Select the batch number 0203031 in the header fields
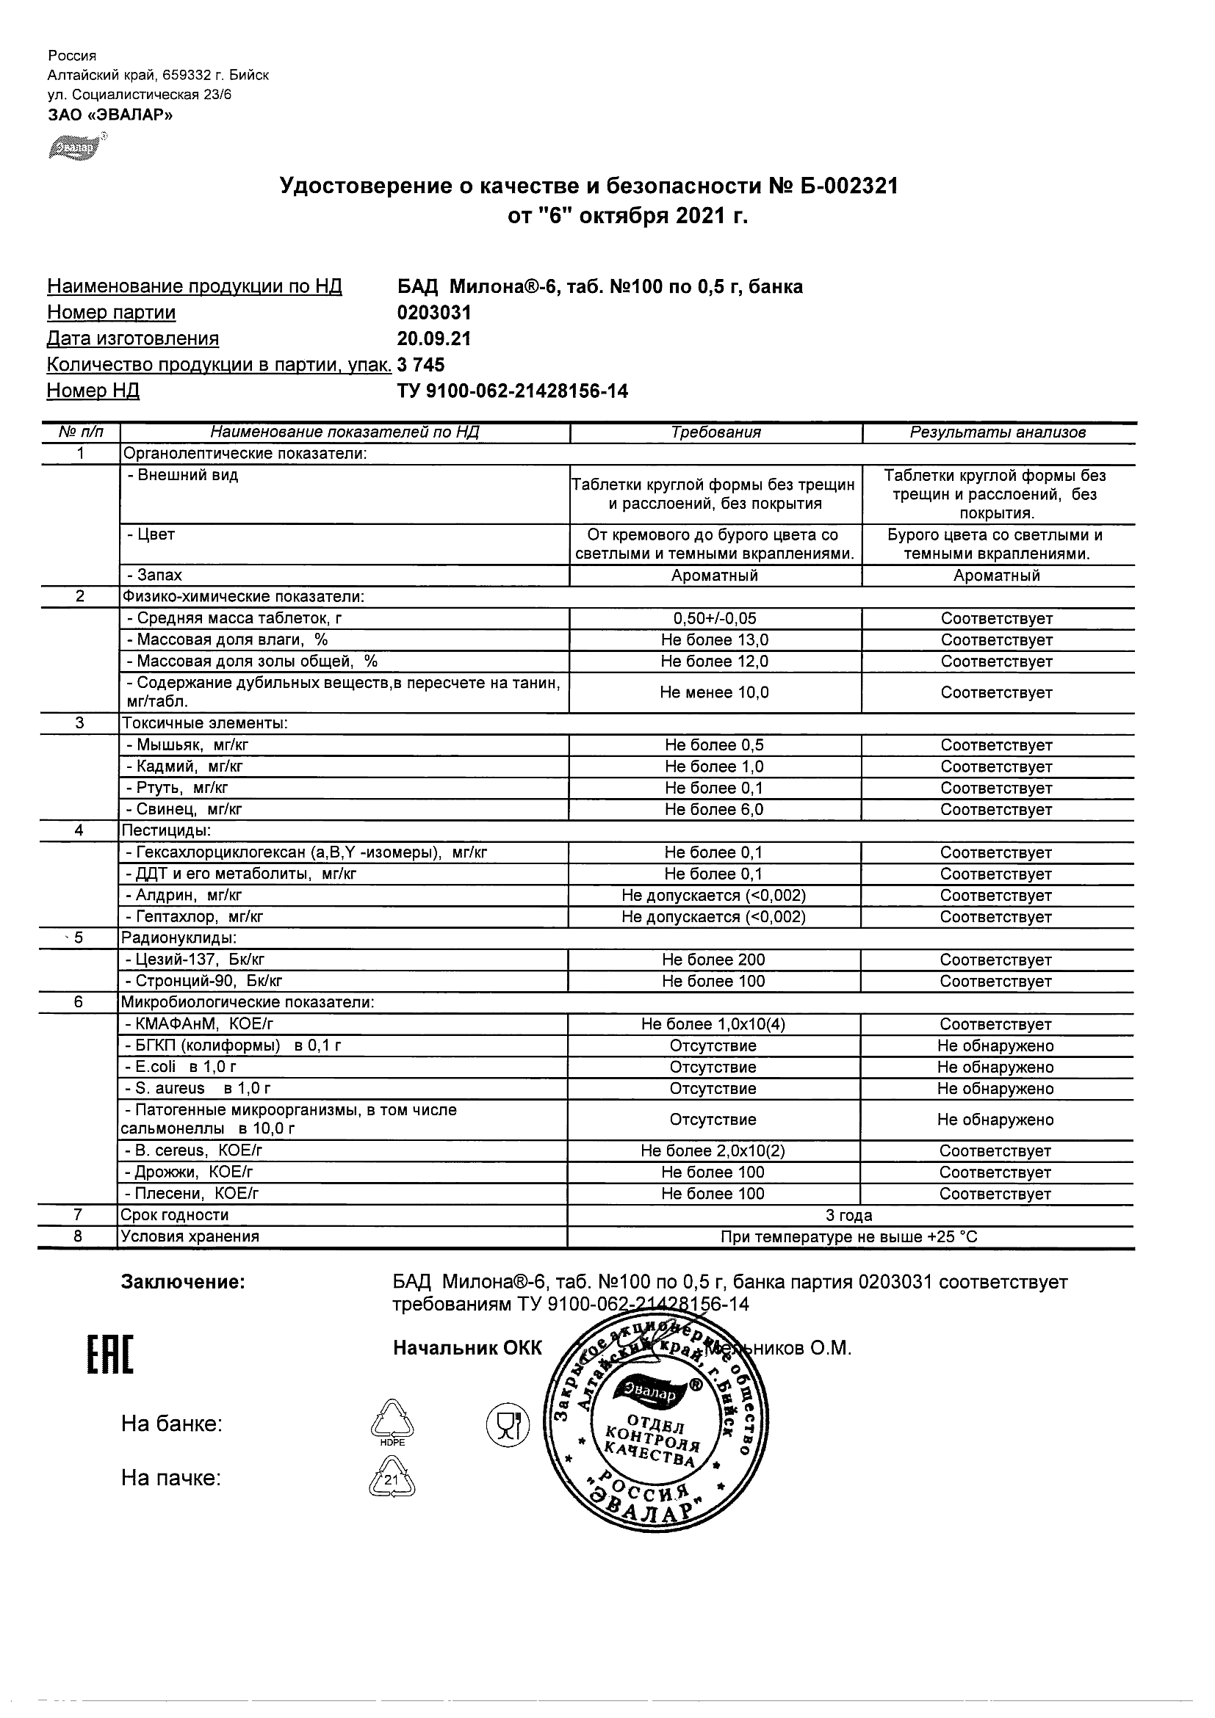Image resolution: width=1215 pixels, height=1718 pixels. [433, 313]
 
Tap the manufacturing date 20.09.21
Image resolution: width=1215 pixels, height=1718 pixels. [433, 339]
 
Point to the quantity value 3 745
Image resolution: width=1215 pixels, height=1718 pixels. [421, 365]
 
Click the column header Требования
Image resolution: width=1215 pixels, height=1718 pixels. [715, 432]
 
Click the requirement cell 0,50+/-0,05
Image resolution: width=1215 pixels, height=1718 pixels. [715, 619]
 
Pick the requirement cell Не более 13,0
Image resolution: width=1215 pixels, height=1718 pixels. [715, 640]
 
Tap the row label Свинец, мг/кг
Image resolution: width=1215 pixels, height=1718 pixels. [185, 810]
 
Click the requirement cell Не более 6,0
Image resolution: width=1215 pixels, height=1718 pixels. [715, 810]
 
